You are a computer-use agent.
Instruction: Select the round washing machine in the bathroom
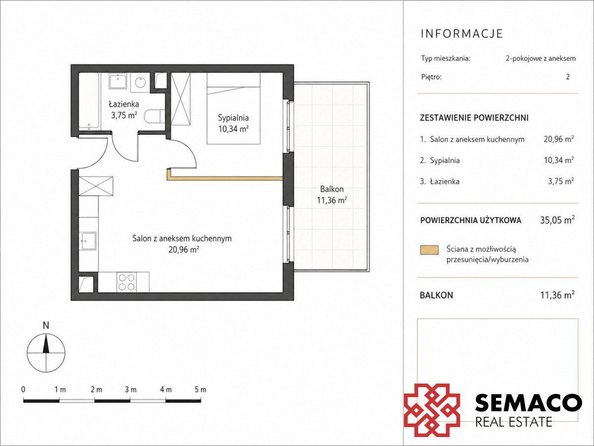point(140,82)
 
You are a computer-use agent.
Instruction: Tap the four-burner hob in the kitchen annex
point(127,282)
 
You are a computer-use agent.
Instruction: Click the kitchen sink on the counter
point(88,241)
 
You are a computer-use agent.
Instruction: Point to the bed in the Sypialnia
point(234,109)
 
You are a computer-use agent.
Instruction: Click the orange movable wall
point(225,177)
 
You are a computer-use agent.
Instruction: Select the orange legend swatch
point(429,250)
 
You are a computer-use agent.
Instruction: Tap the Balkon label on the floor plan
point(332,189)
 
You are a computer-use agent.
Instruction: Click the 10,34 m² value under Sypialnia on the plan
point(234,129)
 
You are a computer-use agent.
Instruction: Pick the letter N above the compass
point(46,326)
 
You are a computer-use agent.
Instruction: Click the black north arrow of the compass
point(46,343)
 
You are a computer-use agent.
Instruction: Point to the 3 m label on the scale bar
point(131,390)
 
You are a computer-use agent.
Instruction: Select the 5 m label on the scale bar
point(200,390)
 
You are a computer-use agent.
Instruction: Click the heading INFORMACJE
point(462,33)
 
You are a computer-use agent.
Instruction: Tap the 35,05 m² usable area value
point(557,220)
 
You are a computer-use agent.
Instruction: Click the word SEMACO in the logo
point(529,403)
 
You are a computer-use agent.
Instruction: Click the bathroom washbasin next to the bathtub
point(118,81)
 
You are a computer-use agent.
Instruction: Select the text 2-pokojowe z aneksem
point(541,58)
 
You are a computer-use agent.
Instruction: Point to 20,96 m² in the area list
point(559,139)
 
